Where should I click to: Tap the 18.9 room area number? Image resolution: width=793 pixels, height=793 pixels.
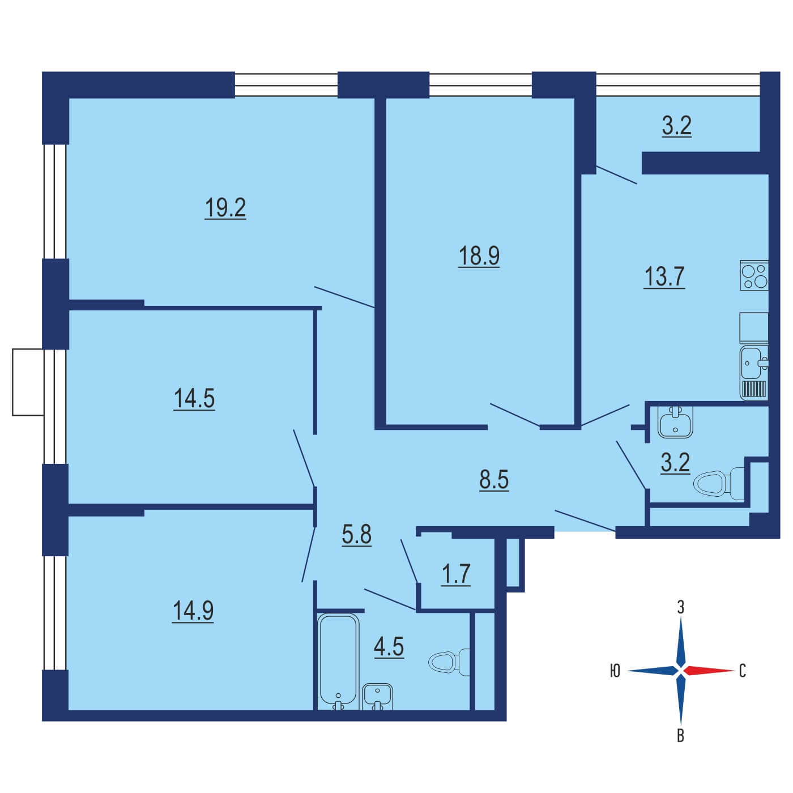[x=479, y=255]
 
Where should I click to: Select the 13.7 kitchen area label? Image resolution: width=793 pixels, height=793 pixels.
[x=664, y=276]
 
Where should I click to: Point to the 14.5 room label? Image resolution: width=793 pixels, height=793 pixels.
[x=194, y=399]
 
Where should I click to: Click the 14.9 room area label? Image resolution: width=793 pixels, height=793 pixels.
[x=193, y=610]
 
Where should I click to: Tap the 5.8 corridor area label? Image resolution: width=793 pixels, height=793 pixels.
[x=356, y=535]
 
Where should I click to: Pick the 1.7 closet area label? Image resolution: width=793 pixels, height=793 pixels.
[x=455, y=574]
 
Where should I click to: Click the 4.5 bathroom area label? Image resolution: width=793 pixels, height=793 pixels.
[x=389, y=646]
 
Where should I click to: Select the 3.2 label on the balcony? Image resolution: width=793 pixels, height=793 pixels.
[x=676, y=126]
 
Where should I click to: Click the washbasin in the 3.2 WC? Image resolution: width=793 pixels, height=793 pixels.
[x=675, y=421]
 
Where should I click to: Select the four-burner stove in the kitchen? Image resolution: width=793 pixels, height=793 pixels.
[x=754, y=275]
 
